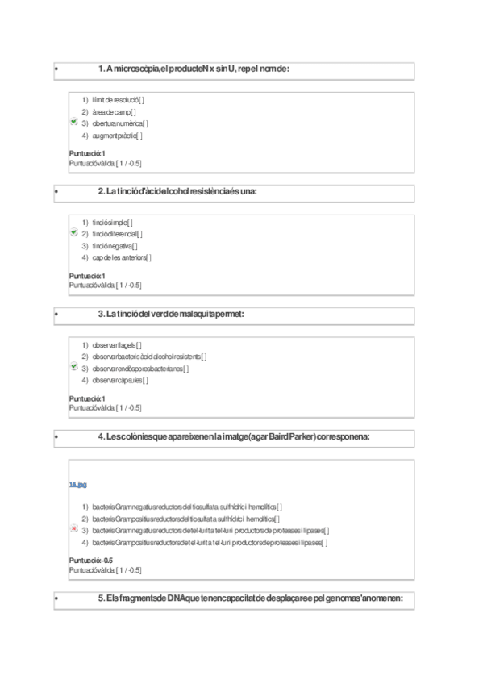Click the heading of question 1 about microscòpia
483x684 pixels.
pyautogui.click(x=193, y=69)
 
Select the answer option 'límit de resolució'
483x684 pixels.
pyautogui.click(x=117, y=99)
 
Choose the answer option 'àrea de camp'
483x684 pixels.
pyautogui.click(x=114, y=111)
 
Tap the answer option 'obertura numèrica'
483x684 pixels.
pyautogui.click(x=119, y=123)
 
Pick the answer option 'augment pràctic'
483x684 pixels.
pyautogui.click(x=117, y=136)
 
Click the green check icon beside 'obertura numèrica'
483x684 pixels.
pyautogui.click(x=73, y=123)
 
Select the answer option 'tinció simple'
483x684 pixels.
pyautogui.click(x=112, y=222)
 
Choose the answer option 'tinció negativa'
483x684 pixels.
pyautogui.click(x=115, y=246)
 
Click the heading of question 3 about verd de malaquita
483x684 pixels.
pyautogui.click(x=170, y=314)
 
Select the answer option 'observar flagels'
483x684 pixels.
pyautogui.click(x=116, y=344)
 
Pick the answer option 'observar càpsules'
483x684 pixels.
pyautogui.click(x=119, y=380)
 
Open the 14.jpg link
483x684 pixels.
pyautogui.click(x=77, y=484)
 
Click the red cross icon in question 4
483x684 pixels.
pyautogui.click(x=73, y=530)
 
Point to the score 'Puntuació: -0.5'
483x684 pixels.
pyautogui.click(x=90, y=560)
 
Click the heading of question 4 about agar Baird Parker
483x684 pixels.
pyautogui.click(x=233, y=436)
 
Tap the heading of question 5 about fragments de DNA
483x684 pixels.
pyautogui.click(x=249, y=598)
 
